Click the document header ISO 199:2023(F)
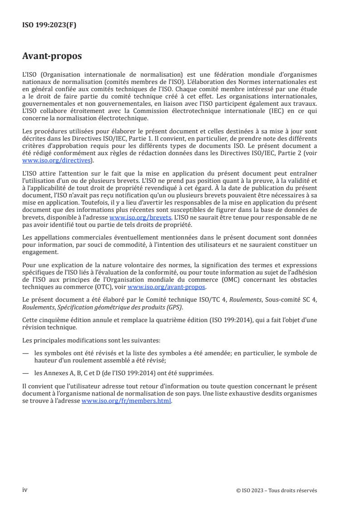click(49, 25)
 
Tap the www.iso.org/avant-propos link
click(167, 287)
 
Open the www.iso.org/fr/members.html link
click(127, 401)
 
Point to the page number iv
click(25, 490)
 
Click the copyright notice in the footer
click(276, 490)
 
